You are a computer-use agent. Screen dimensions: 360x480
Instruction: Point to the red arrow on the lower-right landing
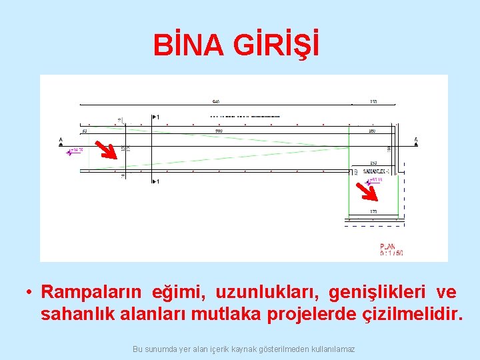tap(367, 191)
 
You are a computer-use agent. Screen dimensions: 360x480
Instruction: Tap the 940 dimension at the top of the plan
tap(216, 102)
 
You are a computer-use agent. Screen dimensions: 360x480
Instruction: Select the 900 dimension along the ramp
tap(219, 131)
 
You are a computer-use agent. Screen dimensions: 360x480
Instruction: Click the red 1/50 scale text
tap(391, 253)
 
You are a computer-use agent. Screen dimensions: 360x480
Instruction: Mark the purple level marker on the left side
tap(69, 153)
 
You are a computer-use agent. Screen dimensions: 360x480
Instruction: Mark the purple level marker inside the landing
tap(368, 181)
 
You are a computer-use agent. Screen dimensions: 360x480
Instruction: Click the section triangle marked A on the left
tap(61, 141)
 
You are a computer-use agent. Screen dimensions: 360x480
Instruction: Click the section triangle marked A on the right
tap(416, 141)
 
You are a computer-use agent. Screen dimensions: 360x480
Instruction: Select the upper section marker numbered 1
tap(155, 117)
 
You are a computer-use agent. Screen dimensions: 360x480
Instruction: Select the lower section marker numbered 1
tap(155, 181)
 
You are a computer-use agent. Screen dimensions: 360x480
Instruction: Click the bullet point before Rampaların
tap(29, 293)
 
